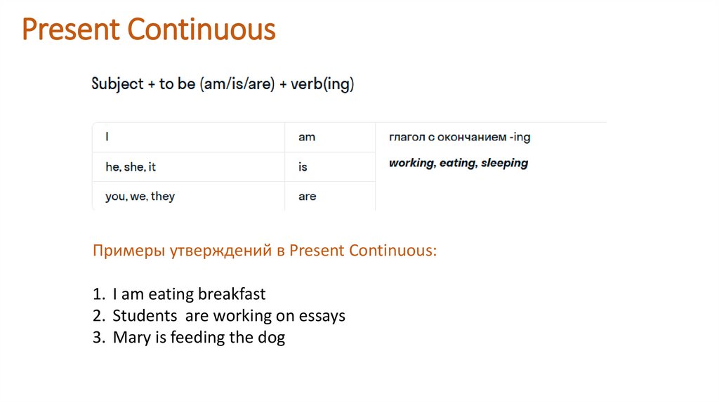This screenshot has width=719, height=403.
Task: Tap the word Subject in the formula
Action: tap(117, 85)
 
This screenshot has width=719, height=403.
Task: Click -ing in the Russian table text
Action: tap(519, 138)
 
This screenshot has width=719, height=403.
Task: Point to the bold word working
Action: tap(411, 163)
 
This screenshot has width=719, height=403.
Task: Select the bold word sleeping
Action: tap(504, 163)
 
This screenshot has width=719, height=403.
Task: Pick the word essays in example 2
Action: tap(322, 315)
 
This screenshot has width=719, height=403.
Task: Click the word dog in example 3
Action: tap(271, 338)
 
